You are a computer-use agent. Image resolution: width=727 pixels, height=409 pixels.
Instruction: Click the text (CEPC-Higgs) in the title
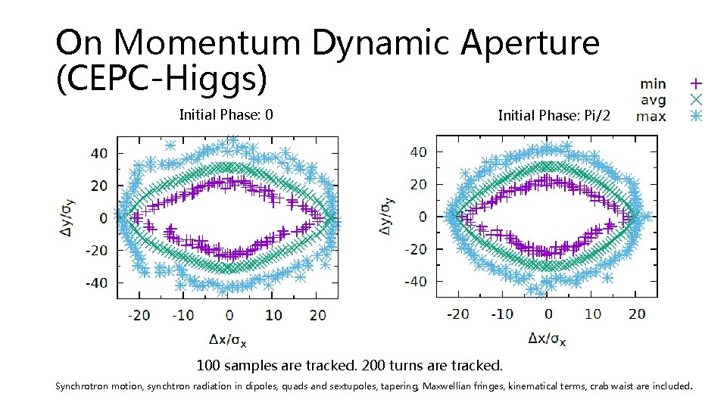[x=161, y=80]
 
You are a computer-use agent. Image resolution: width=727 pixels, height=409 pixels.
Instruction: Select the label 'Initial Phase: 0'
[x=226, y=115]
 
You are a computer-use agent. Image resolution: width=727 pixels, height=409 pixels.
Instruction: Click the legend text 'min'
[x=653, y=83]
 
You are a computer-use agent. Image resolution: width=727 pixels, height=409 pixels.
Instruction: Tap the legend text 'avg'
[x=653, y=99]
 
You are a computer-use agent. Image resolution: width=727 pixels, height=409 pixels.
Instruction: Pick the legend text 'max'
[x=652, y=116]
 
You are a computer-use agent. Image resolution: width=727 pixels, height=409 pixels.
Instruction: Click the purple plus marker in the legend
[x=696, y=83]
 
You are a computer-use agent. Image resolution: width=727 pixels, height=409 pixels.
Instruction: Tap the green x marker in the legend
[x=696, y=99]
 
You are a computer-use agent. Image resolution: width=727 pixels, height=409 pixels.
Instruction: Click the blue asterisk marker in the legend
[x=696, y=116]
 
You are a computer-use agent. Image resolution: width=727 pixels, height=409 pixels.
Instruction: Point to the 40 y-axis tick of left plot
[x=99, y=153]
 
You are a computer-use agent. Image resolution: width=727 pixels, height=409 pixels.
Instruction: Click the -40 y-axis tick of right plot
[x=415, y=282]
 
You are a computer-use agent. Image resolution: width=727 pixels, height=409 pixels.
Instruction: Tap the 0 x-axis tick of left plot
[x=229, y=314]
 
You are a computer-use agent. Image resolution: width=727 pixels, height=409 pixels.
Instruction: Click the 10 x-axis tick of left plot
[x=273, y=314]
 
